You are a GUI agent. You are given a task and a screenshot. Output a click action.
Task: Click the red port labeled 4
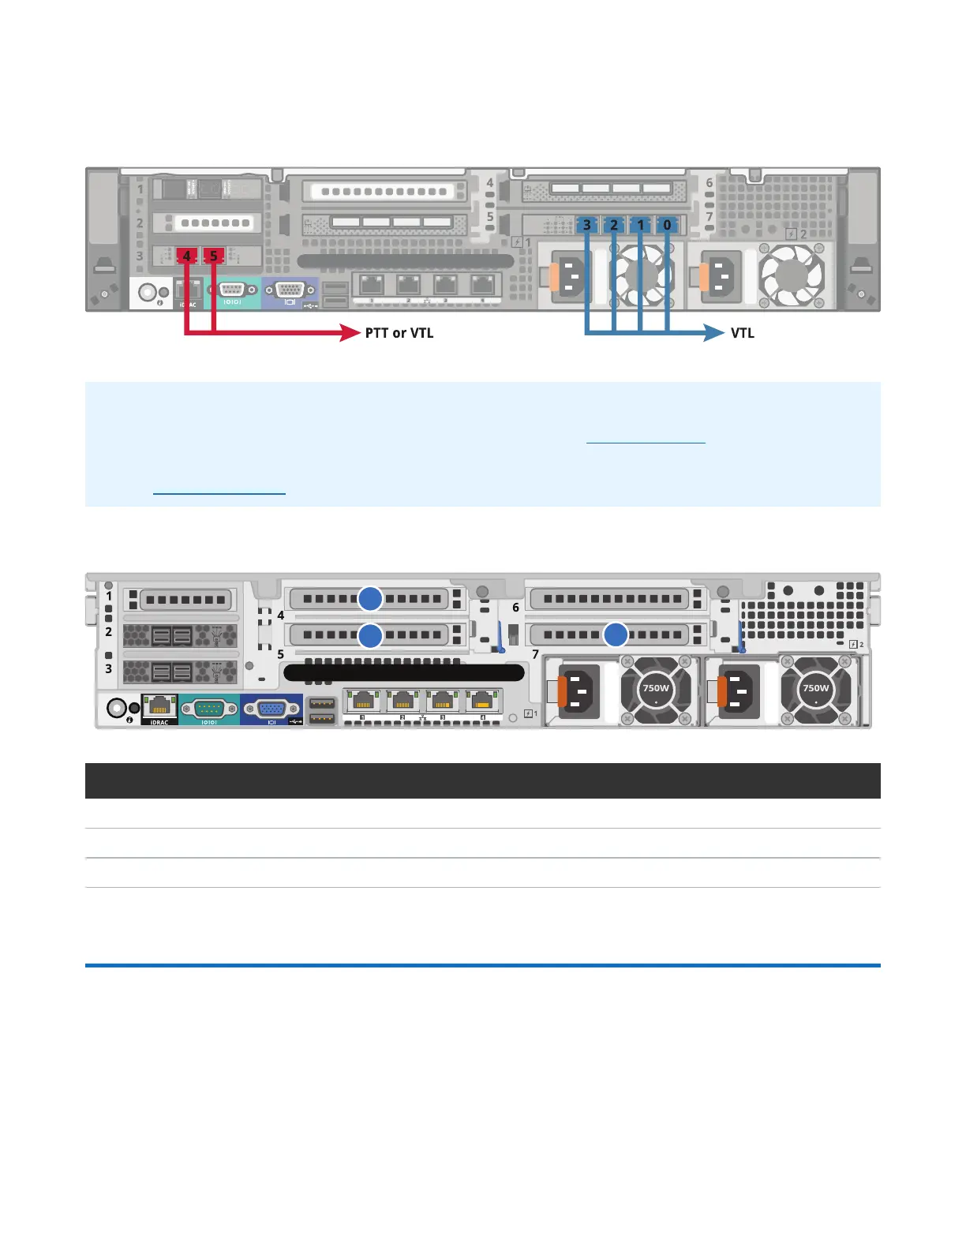pos(186,256)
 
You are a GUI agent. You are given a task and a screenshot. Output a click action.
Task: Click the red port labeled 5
pos(214,256)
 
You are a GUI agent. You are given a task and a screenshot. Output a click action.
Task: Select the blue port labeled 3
pos(586,225)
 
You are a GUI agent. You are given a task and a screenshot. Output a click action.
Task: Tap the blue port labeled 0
pos(668,225)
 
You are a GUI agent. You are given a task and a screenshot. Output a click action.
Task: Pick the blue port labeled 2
pos(614,225)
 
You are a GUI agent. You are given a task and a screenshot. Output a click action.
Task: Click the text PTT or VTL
pos(399,333)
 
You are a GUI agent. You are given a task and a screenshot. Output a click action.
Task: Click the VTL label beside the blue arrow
pos(743,333)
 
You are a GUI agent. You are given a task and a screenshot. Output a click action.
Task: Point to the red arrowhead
pos(350,333)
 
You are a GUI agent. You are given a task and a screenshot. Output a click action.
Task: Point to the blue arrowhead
pos(714,333)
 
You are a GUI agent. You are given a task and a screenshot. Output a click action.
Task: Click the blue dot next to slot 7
pos(616,634)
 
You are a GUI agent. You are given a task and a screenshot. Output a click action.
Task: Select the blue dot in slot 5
pos(370,634)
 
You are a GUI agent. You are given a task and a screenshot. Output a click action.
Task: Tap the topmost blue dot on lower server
pos(370,599)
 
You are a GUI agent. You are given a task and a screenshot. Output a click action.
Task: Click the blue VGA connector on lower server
pos(271,708)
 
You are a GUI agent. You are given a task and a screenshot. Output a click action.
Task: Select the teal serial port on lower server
pos(209,708)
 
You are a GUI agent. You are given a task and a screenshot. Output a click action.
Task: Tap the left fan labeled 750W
pos(656,689)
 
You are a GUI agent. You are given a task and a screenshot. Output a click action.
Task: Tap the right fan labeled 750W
pos(815,689)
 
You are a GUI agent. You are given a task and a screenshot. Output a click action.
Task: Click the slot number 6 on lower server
pos(516,608)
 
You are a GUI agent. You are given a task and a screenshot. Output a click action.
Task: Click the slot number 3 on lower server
pos(109,668)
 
